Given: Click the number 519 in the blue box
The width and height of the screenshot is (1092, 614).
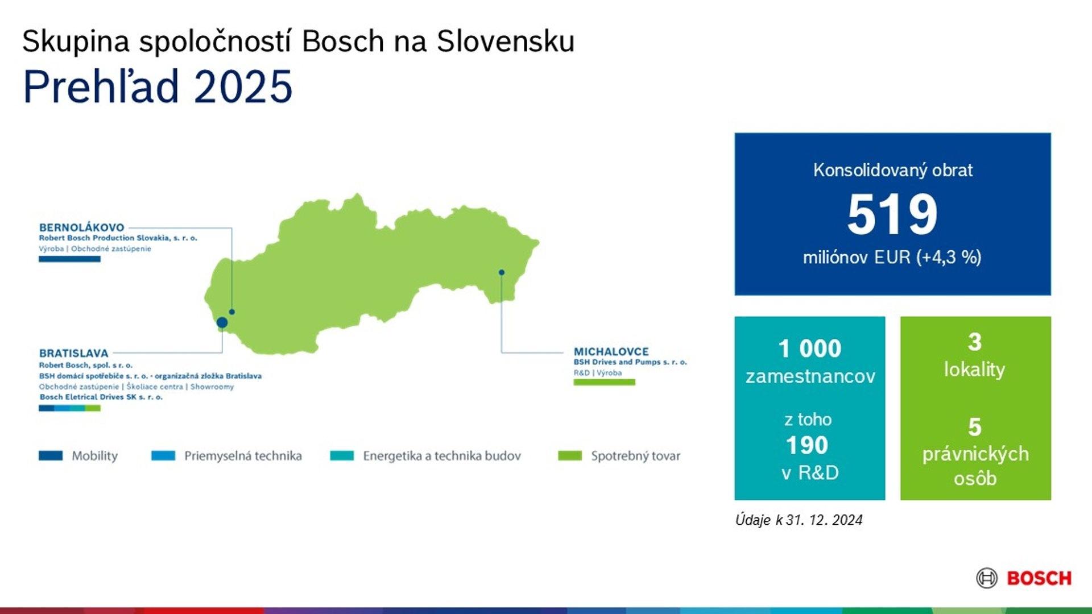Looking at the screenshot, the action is (x=892, y=214).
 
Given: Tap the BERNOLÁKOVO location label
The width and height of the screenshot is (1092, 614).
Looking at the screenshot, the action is (x=81, y=227).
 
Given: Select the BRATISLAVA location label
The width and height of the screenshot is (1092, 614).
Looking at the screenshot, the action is (x=73, y=353).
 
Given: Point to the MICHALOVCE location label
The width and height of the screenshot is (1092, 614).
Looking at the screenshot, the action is (x=611, y=351).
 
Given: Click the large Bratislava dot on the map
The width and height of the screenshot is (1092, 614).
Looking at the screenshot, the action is (x=222, y=322).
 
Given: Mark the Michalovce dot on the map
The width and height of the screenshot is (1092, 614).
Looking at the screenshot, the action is (x=502, y=272).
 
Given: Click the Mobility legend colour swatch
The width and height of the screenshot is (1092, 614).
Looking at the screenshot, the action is (x=51, y=455).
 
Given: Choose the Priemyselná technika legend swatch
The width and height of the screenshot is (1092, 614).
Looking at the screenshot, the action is (x=163, y=455).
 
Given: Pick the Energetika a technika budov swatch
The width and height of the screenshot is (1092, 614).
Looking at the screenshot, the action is (x=342, y=455).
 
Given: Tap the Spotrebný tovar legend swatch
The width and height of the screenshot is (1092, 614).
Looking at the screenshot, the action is (x=570, y=455).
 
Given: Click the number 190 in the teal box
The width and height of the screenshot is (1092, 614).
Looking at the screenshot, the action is (x=807, y=445).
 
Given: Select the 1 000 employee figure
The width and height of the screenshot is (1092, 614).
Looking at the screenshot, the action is (x=810, y=349).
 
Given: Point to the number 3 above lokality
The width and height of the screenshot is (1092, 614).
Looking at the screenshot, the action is (x=975, y=342).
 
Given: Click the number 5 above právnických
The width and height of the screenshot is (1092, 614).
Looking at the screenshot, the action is (x=975, y=427).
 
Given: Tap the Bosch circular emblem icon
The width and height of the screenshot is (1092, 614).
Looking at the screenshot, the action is (x=987, y=578).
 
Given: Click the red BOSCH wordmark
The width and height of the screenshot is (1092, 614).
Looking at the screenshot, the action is (x=1039, y=578).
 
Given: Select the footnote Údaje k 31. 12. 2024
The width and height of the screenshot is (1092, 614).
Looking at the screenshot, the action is (x=799, y=520).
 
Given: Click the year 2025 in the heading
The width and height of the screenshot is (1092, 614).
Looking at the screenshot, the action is (x=243, y=86).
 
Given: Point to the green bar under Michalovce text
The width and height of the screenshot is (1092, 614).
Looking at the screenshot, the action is (x=604, y=382).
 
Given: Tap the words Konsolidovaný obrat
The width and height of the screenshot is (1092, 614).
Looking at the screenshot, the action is (x=893, y=170).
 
